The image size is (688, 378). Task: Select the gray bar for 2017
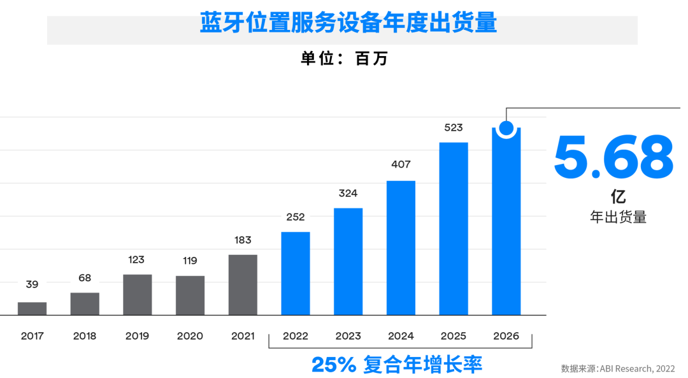point(32,309)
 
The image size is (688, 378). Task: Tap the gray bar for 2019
point(138,294)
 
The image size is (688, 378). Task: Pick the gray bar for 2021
point(243,285)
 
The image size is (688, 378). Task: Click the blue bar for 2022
point(296,273)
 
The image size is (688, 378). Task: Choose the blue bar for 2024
point(401,248)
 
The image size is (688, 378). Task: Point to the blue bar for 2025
point(454,229)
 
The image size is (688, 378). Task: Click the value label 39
point(32,284)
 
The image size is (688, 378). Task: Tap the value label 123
point(136,259)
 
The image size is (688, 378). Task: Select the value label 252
point(296,217)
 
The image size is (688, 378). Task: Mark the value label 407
point(401,164)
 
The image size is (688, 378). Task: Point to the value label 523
point(454,127)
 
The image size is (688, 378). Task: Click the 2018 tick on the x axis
point(85,336)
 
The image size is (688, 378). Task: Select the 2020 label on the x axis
point(190,336)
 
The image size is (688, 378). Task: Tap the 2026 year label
point(506,336)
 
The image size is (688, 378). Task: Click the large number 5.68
point(613,157)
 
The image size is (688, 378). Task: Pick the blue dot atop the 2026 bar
point(506,128)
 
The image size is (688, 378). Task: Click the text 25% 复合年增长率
point(397,365)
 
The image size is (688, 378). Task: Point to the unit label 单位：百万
point(344,59)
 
